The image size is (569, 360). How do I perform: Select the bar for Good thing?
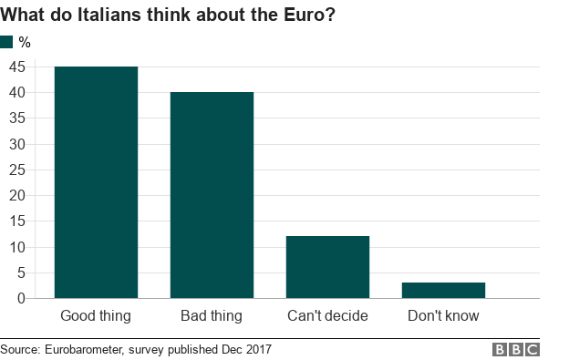tap(96, 182)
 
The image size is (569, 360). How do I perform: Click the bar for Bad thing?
tap(212, 195)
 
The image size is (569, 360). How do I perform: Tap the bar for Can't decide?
tap(327, 267)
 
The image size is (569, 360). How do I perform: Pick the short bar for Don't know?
tap(443, 290)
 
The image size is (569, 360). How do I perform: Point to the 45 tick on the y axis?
tap(17, 67)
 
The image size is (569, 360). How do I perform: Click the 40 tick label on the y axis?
tap(17, 92)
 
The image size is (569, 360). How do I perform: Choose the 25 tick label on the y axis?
tap(17, 170)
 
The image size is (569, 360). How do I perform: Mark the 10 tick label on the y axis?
tap(17, 247)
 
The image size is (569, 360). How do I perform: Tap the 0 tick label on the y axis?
tap(21, 298)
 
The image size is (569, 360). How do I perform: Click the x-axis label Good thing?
tap(96, 316)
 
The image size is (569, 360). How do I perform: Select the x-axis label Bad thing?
tap(212, 316)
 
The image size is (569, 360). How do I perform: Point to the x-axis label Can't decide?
tap(327, 316)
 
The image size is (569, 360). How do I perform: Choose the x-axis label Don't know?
tap(443, 316)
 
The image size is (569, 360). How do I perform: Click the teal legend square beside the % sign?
tap(7, 42)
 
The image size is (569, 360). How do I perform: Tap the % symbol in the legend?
tap(25, 42)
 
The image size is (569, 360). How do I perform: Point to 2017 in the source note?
tap(257, 349)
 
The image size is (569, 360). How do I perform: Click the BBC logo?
tap(516, 349)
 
